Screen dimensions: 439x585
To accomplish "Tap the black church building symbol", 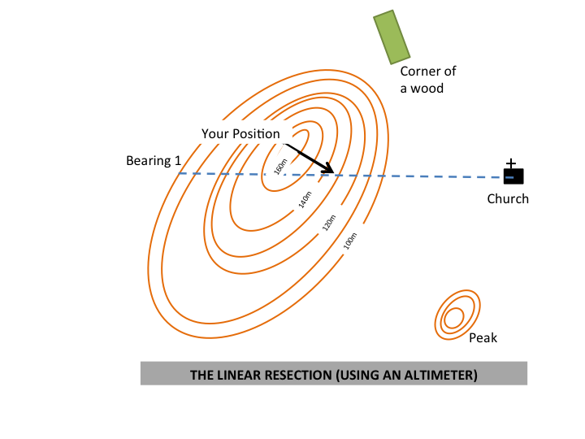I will (x=512, y=176).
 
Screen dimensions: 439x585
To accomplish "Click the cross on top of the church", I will (x=511, y=163).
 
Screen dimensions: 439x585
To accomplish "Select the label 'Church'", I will (x=508, y=198).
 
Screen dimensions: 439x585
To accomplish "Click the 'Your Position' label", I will (x=240, y=134).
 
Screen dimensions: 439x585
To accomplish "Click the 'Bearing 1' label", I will (x=154, y=161).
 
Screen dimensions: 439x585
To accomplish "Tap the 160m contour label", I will (x=281, y=165).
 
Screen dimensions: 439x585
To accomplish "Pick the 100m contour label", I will (x=351, y=241).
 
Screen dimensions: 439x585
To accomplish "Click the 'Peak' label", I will (x=483, y=338).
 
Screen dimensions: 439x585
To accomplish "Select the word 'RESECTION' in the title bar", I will (x=288, y=376).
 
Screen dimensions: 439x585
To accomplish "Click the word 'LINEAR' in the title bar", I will (x=236, y=376).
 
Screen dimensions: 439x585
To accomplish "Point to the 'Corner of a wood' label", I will (x=427, y=80).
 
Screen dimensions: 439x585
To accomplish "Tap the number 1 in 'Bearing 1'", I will (x=177, y=161).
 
